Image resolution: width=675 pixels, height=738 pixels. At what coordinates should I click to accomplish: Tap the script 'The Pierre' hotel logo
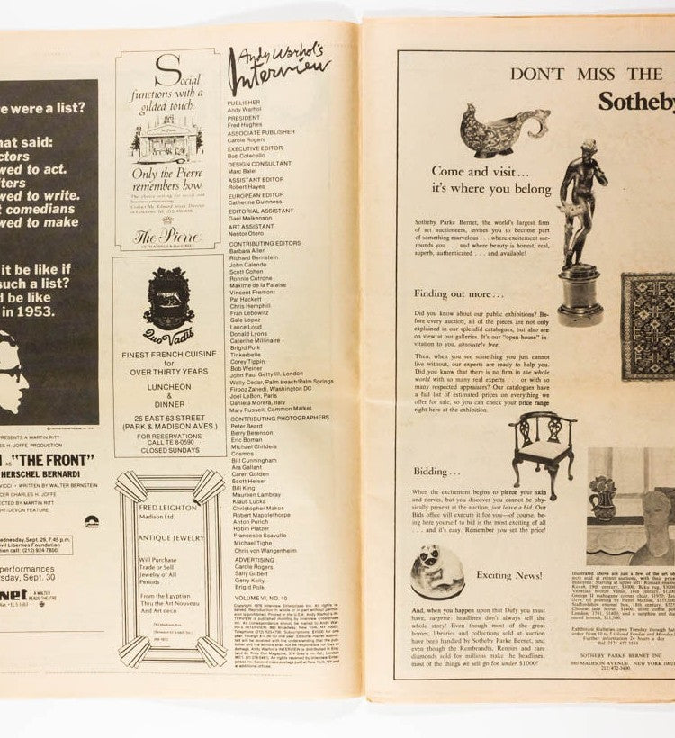pyautogui.click(x=166, y=237)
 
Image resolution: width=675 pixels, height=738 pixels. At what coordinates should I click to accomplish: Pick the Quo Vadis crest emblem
pyautogui.click(x=168, y=298)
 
